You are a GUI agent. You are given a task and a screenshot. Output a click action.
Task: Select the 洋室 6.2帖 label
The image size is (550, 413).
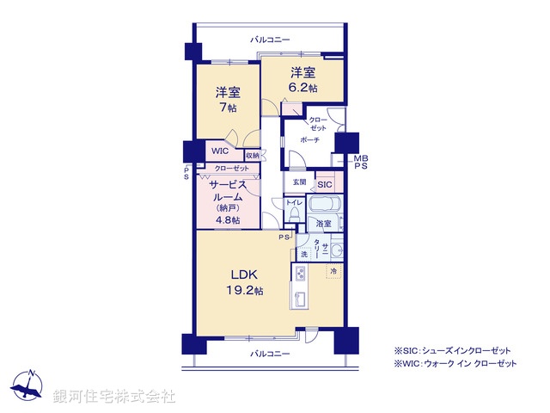tap(302, 80)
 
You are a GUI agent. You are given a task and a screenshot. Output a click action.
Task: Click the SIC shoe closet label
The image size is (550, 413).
tap(325, 184)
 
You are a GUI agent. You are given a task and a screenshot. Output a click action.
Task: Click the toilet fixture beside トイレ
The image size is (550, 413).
tap(295, 214)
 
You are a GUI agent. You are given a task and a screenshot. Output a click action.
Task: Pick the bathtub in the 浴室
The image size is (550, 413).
tap(324, 206)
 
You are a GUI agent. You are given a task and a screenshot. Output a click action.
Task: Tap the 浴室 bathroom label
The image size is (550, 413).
tap(323, 225)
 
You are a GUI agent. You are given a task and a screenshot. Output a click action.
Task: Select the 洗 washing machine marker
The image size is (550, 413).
tap(303, 255)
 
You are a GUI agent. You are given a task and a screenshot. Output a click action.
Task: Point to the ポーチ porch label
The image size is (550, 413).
tap(310, 139)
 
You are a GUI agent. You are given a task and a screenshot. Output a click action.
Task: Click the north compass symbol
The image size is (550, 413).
tap(30, 385)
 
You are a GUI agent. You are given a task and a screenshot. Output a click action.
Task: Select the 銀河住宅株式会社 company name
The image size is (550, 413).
tap(114, 397)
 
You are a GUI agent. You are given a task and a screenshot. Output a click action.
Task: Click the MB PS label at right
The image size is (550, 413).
tap(360, 162)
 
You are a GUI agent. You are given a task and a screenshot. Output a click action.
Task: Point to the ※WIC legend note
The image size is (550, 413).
tap(455, 365)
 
